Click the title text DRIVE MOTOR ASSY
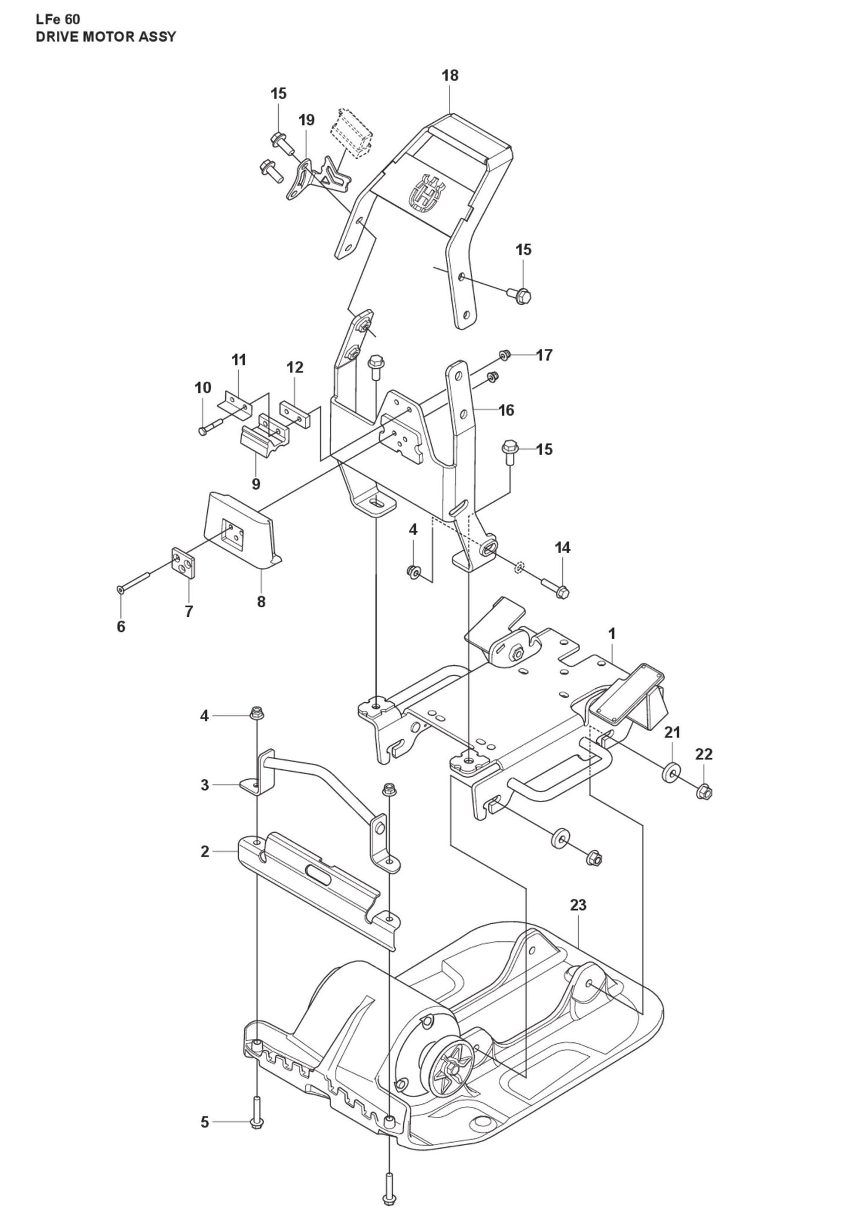(x=105, y=37)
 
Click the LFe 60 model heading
(x=58, y=19)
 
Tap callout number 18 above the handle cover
(x=450, y=75)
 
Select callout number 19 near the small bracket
(x=306, y=120)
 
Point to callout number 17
(x=544, y=355)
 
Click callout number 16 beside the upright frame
(x=506, y=410)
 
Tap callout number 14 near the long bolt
(x=562, y=547)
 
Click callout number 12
(x=295, y=367)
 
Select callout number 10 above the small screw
(x=202, y=388)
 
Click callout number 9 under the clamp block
(x=256, y=484)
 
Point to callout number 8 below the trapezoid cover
(x=261, y=601)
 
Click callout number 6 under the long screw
(x=121, y=627)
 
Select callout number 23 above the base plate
(x=578, y=905)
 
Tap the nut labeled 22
(x=704, y=793)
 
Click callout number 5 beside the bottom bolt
(x=204, y=1122)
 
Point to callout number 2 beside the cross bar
(x=204, y=851)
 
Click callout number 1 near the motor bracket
(x=612, y=634)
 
